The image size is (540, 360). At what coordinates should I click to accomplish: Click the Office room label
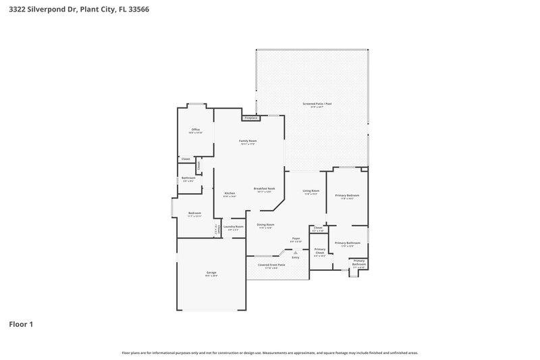(x=196, y=130)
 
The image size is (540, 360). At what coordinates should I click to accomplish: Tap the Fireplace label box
(x=251, y=118)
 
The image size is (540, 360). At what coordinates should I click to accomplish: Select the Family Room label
(x=248, y=141)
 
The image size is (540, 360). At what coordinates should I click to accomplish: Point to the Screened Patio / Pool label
(x=321, y=104)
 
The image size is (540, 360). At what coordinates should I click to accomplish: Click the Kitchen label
(x=230, y=194)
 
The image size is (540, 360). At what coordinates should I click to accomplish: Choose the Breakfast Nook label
(x=264, y=189)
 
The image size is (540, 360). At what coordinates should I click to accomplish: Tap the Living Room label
(x=310, y=191)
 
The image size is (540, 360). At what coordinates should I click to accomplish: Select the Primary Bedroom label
(x=348, y=196)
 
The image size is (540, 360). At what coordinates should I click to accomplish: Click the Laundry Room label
(x=234, y=227)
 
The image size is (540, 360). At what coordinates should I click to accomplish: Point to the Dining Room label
(x=265, y=225)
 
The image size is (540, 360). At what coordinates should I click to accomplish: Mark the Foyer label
(x=296, y=239)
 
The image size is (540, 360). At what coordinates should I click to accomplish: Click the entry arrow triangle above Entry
(x=295, y=252)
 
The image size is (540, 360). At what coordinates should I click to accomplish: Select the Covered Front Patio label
(x=272, y=265)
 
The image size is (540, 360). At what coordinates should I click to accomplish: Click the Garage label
(x=211, y=273)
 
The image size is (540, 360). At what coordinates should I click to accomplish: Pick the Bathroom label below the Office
(x=188, y=178)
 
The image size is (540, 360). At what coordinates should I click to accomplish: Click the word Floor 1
(x=20, y=324)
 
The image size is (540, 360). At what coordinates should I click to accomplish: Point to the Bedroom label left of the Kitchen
(x=194, y=213)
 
